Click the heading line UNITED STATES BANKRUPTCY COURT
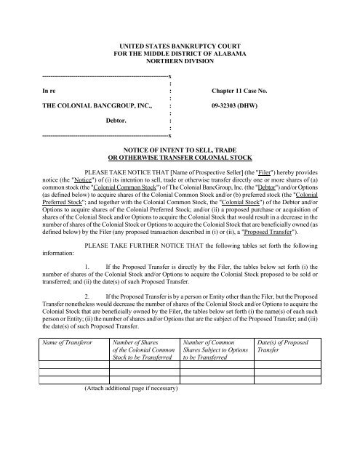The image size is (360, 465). [180, 46]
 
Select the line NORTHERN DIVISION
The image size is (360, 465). [180, 63]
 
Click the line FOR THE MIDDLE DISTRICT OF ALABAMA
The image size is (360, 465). [180, 54]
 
